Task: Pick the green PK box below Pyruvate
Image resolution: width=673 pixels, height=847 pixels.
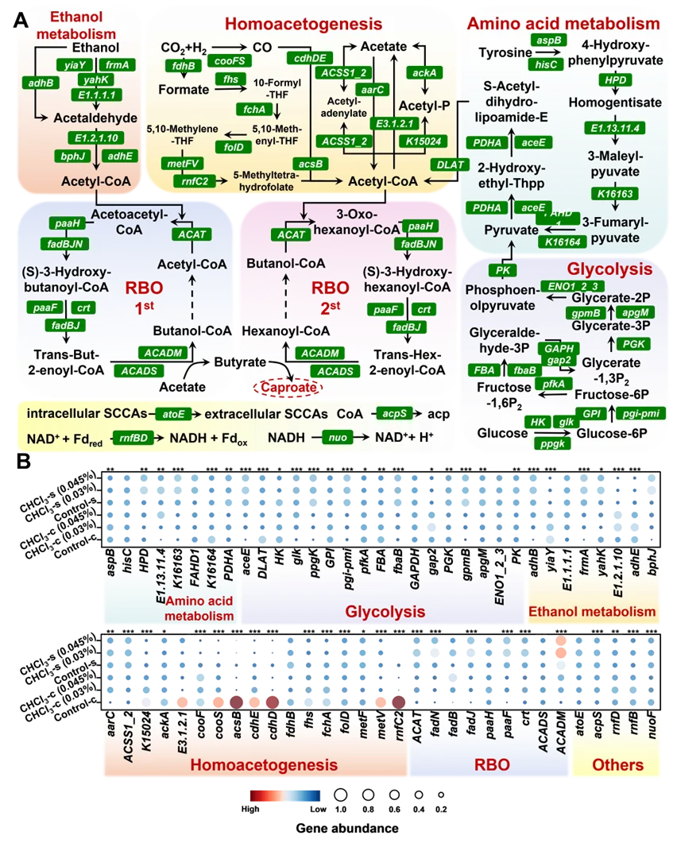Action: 501,269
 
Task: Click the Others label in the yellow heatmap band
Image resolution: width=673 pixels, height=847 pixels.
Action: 618,764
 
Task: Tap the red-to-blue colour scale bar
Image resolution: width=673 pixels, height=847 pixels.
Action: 285,795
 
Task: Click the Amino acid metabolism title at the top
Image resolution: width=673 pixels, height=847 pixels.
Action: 563,23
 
